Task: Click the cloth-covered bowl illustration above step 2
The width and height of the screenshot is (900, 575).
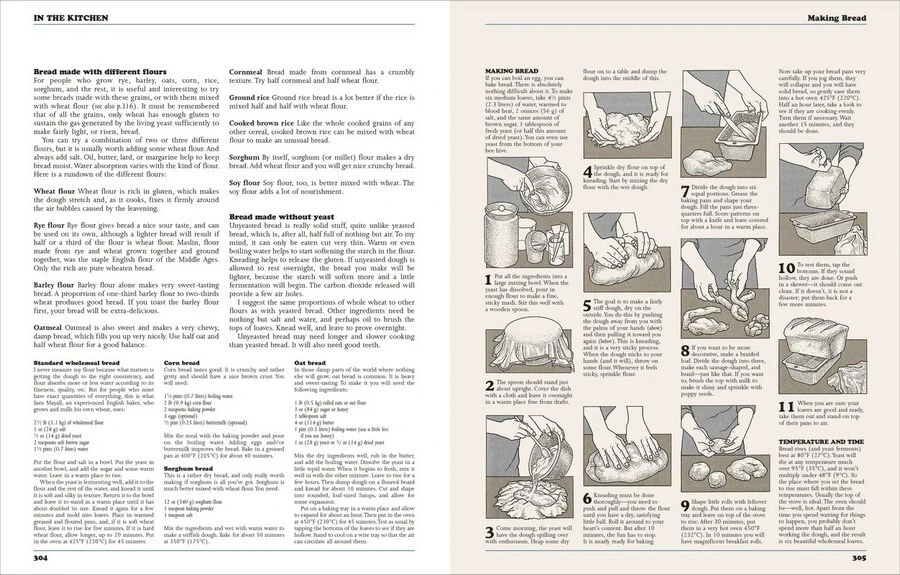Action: (x=515, y=335)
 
